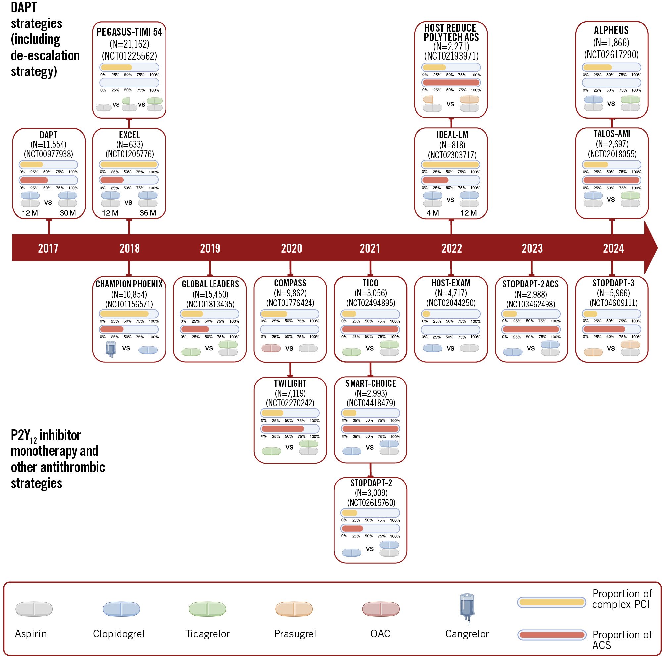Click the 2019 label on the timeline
point(210,248)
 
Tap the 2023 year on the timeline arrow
point(532,248)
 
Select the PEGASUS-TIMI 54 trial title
point(129,32)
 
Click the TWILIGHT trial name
point(290,383)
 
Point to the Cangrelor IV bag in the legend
point(467,608)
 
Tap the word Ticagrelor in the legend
point(207,633)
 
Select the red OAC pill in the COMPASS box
point(271,348)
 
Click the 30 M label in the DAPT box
point(68,213)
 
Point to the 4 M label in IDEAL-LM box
point(432,213)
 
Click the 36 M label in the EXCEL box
point(148,213)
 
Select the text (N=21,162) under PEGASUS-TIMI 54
point(129,44)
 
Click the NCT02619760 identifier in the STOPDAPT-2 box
point(371,503)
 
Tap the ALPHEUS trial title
point(611,31)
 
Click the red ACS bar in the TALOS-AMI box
point(611,180)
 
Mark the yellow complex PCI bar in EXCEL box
point(128,164)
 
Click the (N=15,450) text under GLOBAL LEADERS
point(210,294)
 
